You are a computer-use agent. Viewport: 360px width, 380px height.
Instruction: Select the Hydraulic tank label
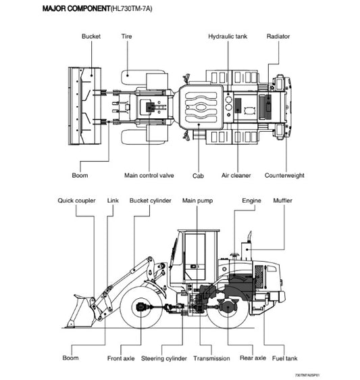click(x=228, y=36)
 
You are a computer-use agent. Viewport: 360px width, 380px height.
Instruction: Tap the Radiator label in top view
click(x=278, y=36)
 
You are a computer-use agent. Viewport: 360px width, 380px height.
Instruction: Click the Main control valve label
click(x=149, y=176)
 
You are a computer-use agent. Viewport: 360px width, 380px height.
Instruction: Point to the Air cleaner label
click(x=236, y=176)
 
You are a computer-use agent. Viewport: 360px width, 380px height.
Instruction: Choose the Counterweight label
click(x=284, y=176)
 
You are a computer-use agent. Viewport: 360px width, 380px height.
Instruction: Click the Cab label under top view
click(x=198, y=176)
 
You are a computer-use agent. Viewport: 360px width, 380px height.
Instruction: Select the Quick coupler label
click(x=76, y=201)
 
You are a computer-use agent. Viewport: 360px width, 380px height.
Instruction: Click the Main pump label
click(x=198, y=201)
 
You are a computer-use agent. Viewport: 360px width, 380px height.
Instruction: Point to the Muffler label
click(x=282, y=201)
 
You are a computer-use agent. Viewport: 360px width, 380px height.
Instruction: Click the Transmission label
click(x=211, y=358)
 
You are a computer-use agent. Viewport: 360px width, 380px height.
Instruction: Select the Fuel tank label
click(x=282, y=358)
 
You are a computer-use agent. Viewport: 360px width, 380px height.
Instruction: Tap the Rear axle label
click(x=253, y=358)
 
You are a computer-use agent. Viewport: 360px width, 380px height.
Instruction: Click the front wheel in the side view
click(x=144, y=308)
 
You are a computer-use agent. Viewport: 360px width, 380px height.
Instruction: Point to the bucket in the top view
click(x=85, y=105)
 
